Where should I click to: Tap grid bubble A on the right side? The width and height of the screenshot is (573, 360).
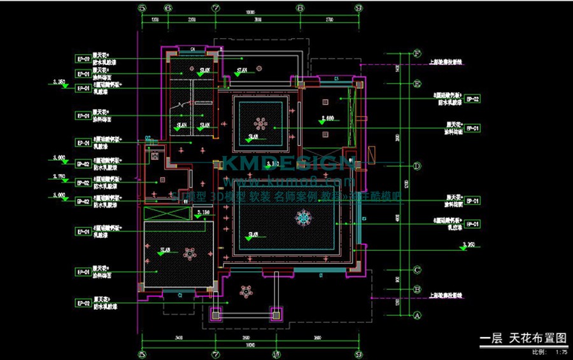tap(418, 315)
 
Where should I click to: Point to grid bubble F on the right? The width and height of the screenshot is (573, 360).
tap(418, 53)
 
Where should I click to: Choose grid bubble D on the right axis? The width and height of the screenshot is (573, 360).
tap(418, 166)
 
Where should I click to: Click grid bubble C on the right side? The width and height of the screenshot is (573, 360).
tap(418, 270)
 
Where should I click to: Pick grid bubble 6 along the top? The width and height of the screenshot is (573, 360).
tap(167, 8)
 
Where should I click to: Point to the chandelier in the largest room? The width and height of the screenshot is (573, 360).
tap(304, 220)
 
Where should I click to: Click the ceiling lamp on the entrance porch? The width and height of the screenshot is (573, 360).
tap(245, 292)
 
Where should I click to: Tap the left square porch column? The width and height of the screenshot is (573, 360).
tap(215, 313)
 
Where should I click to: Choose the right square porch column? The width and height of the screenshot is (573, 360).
tap(276, 313)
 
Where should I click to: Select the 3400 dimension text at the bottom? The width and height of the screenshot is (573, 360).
tap(179, 338)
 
